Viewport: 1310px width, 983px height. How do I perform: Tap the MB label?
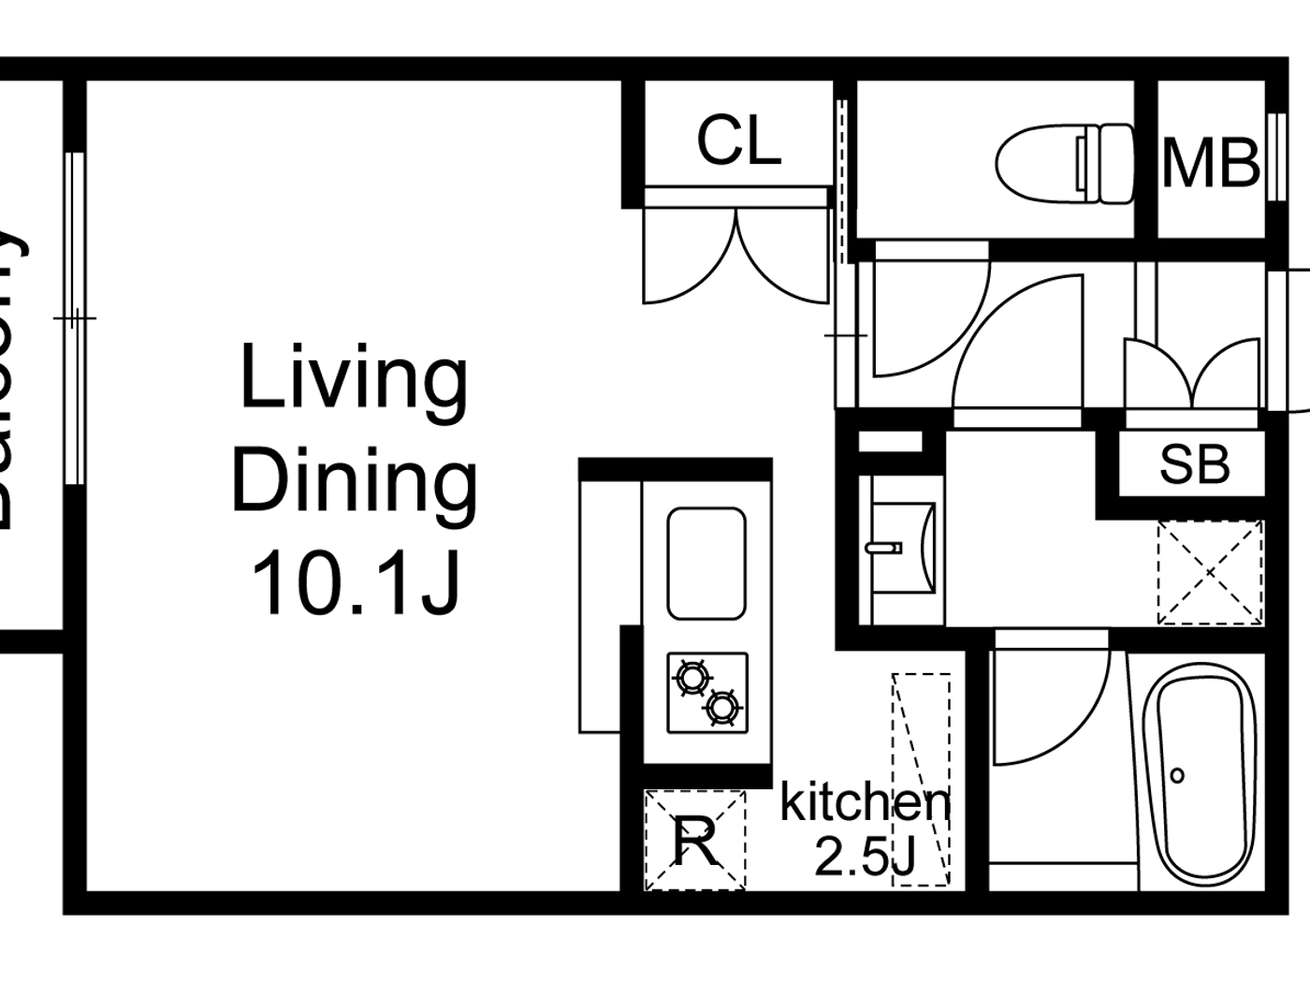pyautogui.click(x=1211, y=163)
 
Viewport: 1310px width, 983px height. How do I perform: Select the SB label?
pyautogui.click(x=1194, y=463)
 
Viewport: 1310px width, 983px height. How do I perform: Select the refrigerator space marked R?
pyautogui.click(x=695, y=840)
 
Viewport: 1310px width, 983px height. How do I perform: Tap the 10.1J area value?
pyautogui.click(x=356, y=582)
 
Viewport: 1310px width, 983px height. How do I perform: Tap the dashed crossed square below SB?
pyautogui.click(x=1210, y=572)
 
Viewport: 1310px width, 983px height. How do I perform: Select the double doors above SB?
pyautogui.click(x=1192, y=374)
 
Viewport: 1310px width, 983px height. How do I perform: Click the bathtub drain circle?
pyautogui.click(x=1177, y=775)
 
